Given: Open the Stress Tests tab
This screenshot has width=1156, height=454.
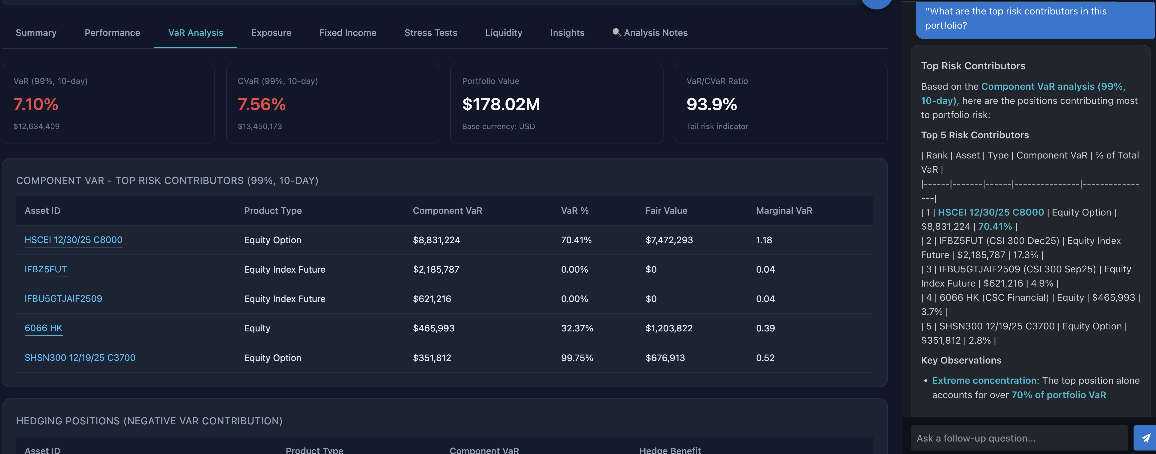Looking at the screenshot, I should [430, 33].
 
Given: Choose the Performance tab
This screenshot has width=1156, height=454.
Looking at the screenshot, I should [112, 33].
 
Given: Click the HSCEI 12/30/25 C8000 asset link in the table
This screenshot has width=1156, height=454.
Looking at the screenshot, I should [73, 240].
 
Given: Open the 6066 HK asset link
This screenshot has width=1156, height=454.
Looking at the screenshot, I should [43, 328].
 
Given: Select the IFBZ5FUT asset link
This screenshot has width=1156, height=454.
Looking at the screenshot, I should [45, 269].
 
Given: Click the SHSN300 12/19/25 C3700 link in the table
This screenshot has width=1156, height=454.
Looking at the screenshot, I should [80, 358].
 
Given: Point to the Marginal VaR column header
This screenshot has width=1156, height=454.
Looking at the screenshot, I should [783, 210].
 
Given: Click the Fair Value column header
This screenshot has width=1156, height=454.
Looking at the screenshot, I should [666, 210].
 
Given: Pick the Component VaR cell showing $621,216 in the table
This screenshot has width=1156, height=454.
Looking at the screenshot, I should [432, 299].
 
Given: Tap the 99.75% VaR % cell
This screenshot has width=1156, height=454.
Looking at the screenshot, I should [577, 358].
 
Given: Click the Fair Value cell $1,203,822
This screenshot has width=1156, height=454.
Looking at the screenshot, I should [669, 328].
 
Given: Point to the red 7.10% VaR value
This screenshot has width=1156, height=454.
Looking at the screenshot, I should [36, 104].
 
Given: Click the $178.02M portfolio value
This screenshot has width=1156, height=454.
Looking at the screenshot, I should [501, 104].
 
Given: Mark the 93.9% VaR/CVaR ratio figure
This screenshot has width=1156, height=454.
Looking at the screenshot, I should [711, 104].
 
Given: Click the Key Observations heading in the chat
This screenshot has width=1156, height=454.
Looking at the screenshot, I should [961, 360].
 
